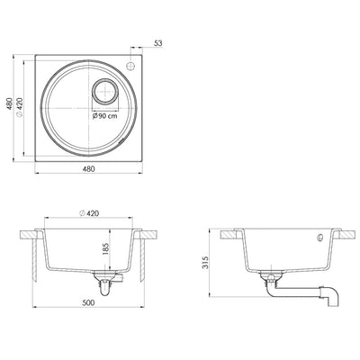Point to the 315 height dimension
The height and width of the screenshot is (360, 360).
(x=206, y=262)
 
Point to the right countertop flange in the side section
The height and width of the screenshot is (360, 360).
(x=339, y=232)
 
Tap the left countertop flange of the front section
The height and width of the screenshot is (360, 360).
(x=31, y=232)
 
